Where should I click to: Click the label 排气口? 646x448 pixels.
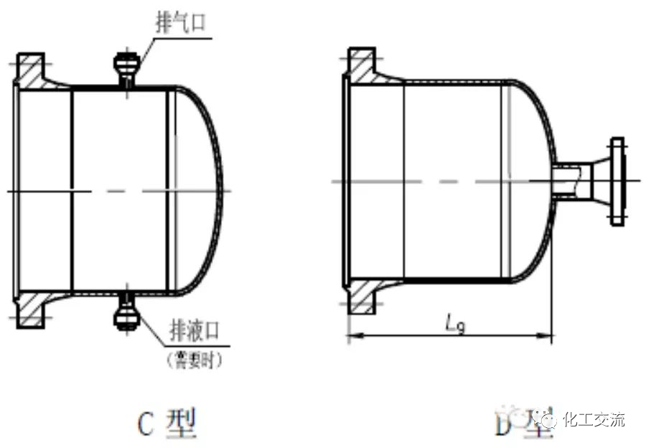coord(180,22)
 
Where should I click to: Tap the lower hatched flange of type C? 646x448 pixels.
coord(31,309)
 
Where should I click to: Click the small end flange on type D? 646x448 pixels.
coord(617,180)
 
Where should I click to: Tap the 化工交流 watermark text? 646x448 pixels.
coord(595,419)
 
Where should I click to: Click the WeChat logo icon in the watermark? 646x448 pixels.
coord(549,419)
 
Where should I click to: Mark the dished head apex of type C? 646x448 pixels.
coord(222,190)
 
